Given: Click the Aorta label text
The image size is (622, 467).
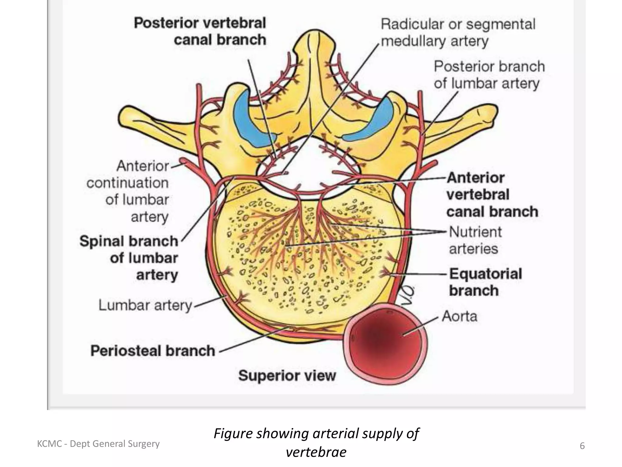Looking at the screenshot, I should (459, 317).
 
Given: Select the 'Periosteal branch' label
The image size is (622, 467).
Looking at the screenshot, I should (153, 351).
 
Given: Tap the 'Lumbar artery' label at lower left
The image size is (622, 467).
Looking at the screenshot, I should (145, 305).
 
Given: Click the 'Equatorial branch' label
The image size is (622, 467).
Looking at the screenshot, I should (485, 282).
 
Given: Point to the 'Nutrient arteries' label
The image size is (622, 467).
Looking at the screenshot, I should (475, 240).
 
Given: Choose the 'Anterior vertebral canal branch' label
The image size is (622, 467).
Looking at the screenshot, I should (492, 195).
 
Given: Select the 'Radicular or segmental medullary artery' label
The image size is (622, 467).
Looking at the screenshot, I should (457, 33).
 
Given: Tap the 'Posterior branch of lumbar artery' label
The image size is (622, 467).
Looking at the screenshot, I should (489, 75).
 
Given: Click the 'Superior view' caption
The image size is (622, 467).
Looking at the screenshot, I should (287, 375).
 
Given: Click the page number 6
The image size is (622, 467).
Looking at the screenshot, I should (582, 446).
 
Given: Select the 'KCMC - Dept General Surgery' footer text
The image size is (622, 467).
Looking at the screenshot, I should (98, 444).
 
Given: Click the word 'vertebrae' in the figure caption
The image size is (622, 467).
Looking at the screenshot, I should (316, 452).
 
